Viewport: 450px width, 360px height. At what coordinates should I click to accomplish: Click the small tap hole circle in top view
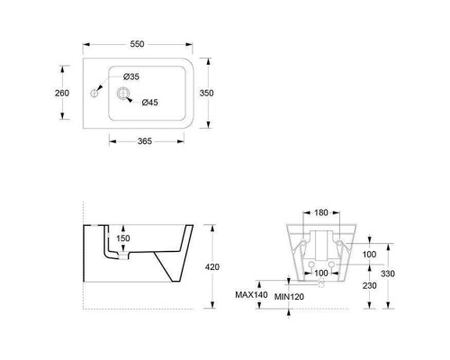pyautogui.click(x=93, y=93)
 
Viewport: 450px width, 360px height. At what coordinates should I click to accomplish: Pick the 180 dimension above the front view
pyautogui.click(x=321, y=213)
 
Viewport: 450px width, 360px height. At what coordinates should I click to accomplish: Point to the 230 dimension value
pyautogui.click(x=371, y=286)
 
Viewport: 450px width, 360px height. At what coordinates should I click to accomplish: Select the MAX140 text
pyautogui.click(x=251, y=295)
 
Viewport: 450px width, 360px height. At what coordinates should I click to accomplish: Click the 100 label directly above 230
pyautogui.click(x=371, y=255)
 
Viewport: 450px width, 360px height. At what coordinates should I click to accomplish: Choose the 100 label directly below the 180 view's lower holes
pyautogui.click(x=321, y=272)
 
